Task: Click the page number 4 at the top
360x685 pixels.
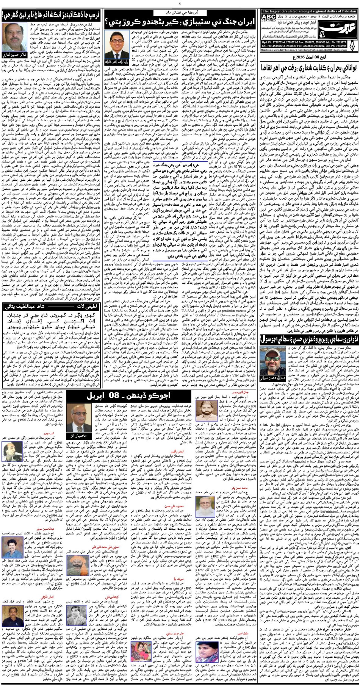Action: tap(180, 4)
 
